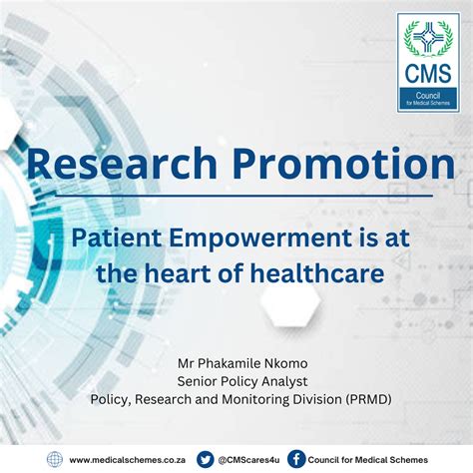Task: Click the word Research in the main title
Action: [x=122, y=164]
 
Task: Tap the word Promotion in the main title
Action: [x=344, y=164]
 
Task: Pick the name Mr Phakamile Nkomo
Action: [x=242, y=363]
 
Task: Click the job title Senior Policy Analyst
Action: [x=242, y=381]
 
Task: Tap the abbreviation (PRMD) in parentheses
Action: [x=368, y=399]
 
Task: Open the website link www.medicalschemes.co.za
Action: [x=128, y=460]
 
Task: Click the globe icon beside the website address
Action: [x=55, y=460]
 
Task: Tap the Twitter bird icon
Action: [x=206, y=460]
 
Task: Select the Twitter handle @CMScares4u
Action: [x=248, y=460]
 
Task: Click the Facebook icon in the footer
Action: [x=296, y=460]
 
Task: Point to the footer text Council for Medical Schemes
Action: [x=368, y=460]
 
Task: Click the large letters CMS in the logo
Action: [x=428, y=74]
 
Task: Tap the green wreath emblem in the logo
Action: [x=428, y=38]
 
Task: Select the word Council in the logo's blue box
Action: [x=428, y=96]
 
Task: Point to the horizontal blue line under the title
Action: [x=243, y=196]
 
